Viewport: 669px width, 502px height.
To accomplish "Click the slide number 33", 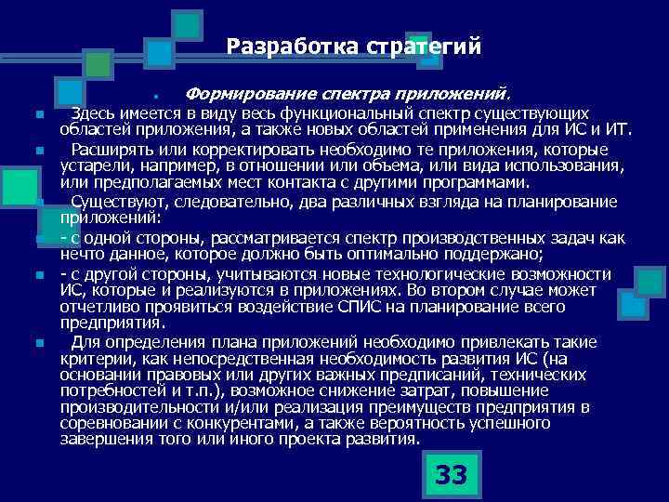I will (x=451, y=475).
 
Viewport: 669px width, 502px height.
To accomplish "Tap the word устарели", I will (x=92, y=165).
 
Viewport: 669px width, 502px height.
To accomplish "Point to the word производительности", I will (x=127, y=407).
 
